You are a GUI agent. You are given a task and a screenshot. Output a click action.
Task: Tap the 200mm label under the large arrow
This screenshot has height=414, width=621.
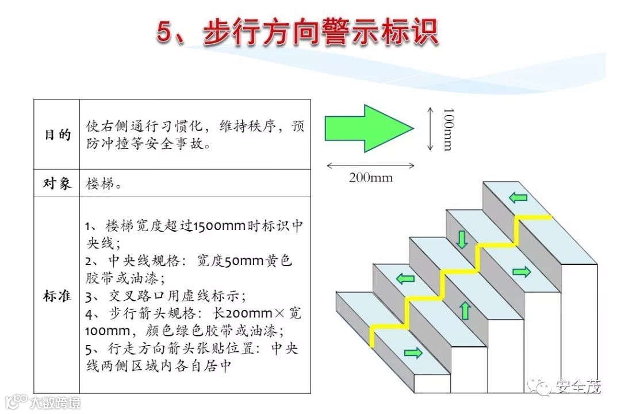[371, 178]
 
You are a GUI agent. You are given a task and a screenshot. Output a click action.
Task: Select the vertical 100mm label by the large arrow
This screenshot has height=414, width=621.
[447, 129]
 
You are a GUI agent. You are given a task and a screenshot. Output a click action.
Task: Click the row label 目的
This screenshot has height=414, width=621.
[57, 135]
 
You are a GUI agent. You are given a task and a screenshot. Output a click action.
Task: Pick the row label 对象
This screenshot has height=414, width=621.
[57, 183]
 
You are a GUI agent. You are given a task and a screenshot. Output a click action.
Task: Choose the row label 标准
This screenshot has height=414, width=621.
[57, 296]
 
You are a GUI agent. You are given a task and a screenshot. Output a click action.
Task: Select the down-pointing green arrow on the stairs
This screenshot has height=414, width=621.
[462, 239]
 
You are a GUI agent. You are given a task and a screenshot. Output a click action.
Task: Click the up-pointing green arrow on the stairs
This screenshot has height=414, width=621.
[465, 310]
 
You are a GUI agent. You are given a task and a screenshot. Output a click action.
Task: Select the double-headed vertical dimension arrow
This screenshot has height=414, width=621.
[430, 129]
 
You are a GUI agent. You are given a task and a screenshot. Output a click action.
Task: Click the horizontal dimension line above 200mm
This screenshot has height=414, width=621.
[371, 166]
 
